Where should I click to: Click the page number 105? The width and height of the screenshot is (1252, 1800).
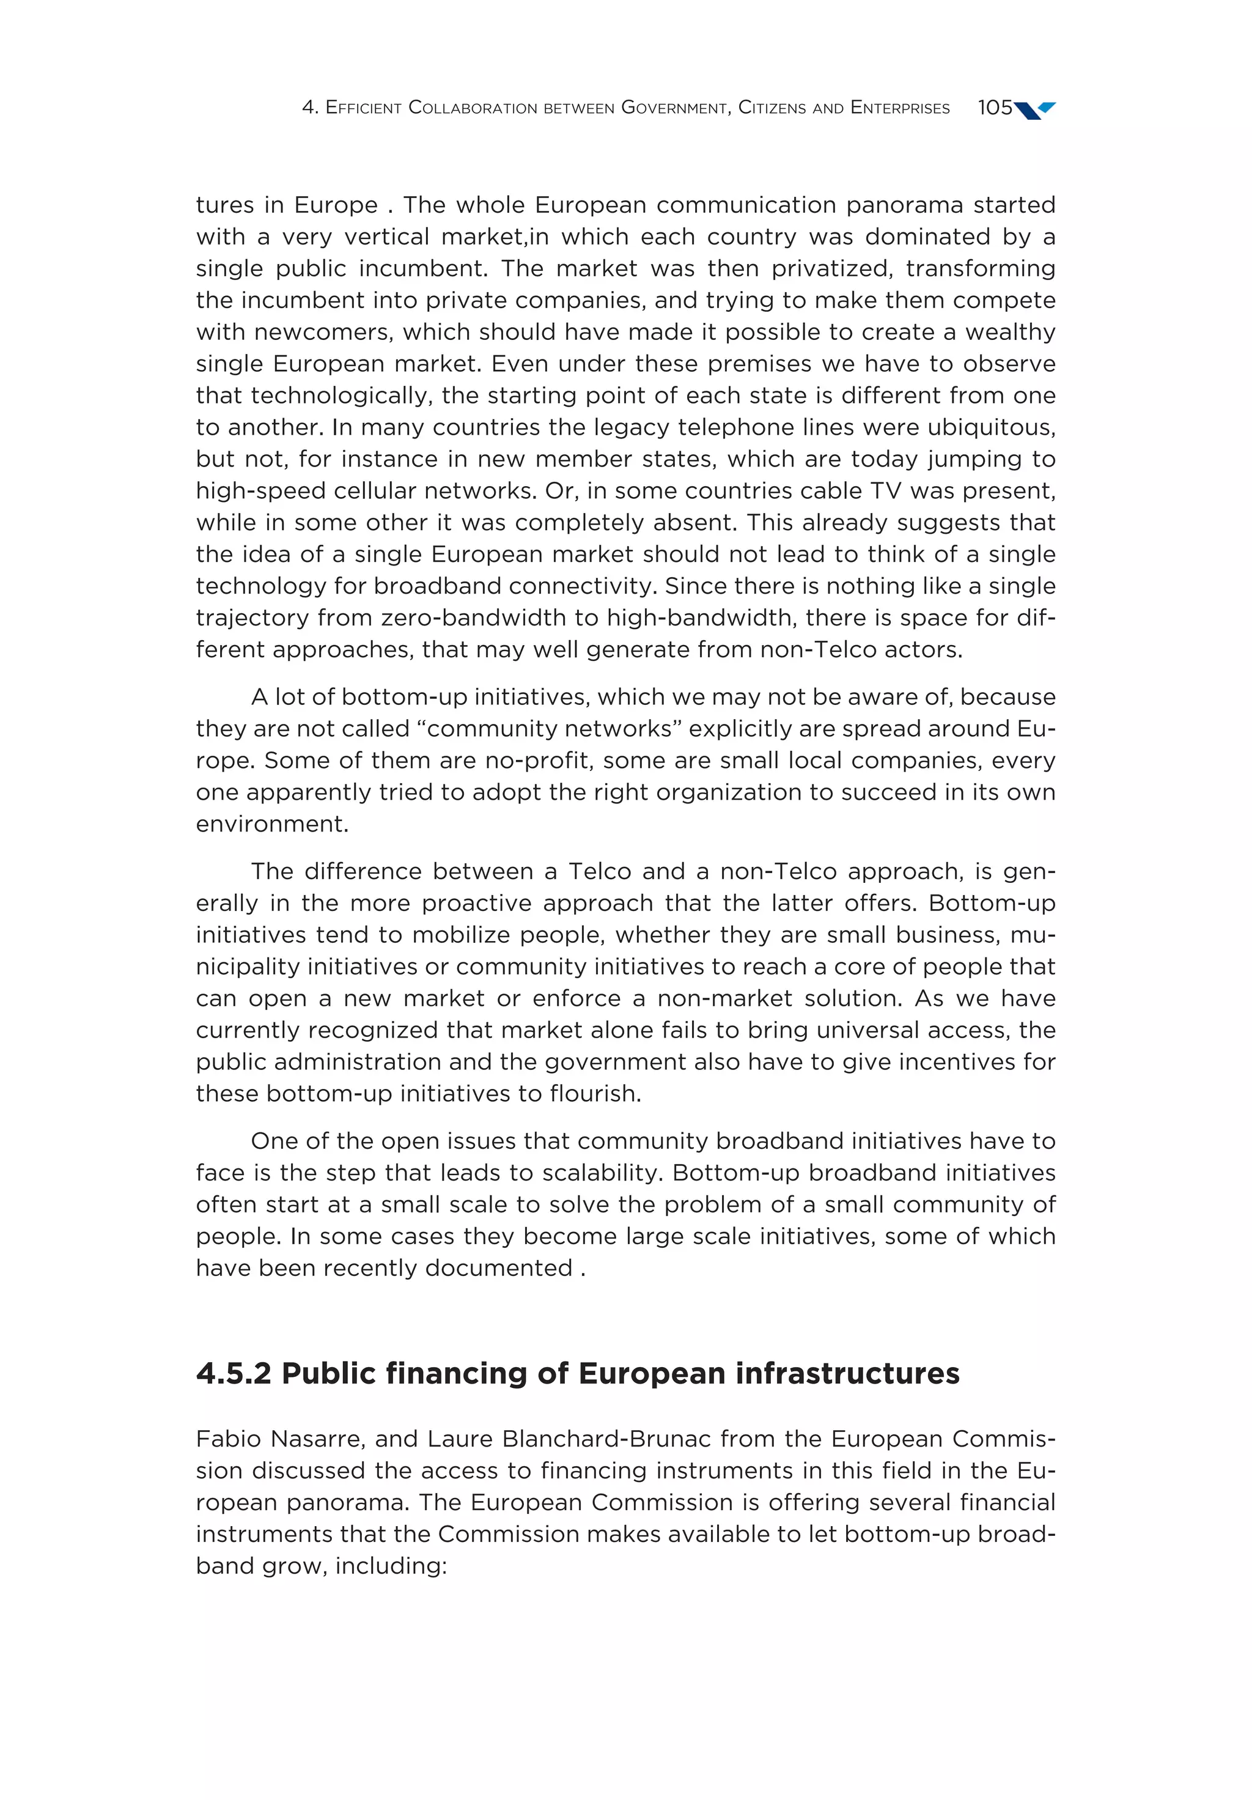[x=994, y=108]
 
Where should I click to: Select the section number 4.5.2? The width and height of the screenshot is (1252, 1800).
[x=234, y=1373]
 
